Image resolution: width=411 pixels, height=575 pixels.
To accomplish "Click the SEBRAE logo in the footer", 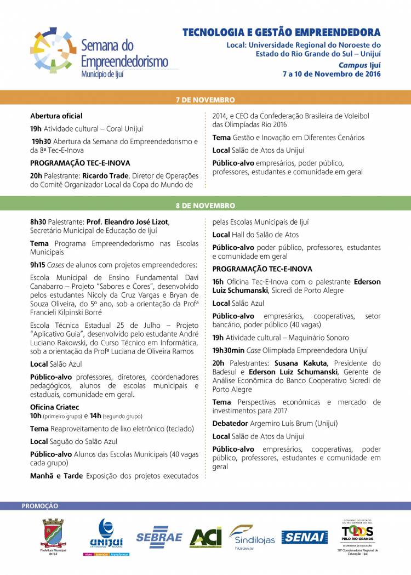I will pos(159,537).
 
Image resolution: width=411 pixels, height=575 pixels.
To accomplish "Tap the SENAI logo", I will pos(305,537).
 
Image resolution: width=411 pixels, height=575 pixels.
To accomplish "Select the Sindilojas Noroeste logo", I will pos(252,537).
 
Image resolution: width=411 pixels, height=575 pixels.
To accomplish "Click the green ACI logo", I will pos(206,537).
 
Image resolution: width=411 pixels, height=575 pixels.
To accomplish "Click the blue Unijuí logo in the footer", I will pos(106,535).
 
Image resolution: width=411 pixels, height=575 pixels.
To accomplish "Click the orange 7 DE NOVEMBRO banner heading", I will pos(206,100).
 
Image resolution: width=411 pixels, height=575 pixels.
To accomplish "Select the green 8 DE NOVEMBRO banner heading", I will pos(206,206).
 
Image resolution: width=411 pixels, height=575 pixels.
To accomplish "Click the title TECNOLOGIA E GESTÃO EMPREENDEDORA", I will pos(281,33).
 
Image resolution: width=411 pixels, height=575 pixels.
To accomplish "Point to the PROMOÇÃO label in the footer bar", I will pos(39,506).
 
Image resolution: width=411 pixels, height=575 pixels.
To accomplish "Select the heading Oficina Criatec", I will pos(55,407).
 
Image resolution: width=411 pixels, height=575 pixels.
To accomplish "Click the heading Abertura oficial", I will pos(56,116).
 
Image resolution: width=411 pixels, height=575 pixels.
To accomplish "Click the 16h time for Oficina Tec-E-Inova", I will pos(218,282).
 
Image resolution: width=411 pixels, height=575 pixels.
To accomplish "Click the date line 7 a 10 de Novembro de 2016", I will pos(331,73).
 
